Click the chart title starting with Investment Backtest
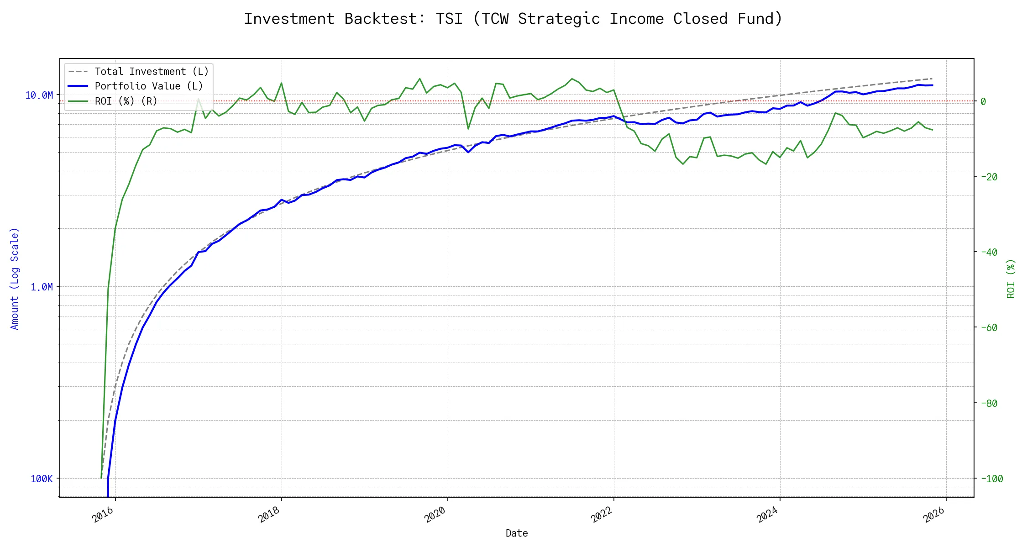click(513, 19)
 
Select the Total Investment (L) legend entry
click(152, 72)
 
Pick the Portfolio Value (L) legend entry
click(149, 86)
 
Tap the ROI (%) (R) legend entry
click(126, 101)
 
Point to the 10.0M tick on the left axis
click(39, 95)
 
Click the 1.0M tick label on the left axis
click(42, 287)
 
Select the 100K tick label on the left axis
click(42, 479)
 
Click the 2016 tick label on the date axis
click(103, 515)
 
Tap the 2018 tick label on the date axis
click(269, 515)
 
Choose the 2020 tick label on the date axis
click(435, 515)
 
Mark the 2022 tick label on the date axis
click(602, 515)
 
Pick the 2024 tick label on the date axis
click(768, 515)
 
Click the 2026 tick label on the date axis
click(934, 515)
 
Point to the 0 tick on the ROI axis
click(983, 101)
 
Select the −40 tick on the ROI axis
click(989, 252)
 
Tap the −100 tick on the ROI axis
click(991, 479)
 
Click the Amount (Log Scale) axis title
click(15, 279)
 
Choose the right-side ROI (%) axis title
click(1011, 279)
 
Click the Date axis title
click(517, 533)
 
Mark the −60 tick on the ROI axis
click(989, 327)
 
